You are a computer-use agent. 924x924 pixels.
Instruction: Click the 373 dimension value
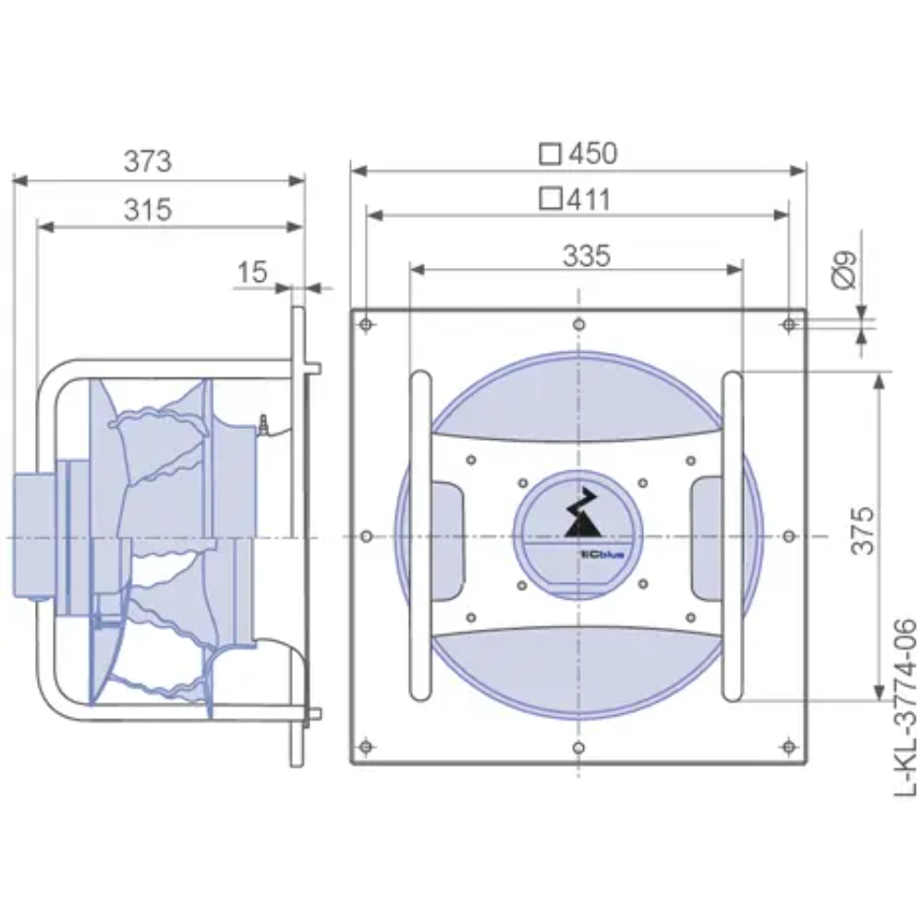(148, 161)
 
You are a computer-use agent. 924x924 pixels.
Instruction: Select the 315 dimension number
(148, 210)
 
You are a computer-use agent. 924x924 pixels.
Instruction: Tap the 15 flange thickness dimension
(251, 272)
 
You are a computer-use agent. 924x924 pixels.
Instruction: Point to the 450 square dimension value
(592, 153)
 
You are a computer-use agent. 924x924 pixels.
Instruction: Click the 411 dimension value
(587, 199)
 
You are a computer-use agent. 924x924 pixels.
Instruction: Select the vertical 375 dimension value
(862, 530)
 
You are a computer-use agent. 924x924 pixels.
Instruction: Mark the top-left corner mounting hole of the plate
(367, 324)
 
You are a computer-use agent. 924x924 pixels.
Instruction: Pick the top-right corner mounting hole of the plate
(788, 324)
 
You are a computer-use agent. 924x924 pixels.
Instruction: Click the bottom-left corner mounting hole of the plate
(367, 747)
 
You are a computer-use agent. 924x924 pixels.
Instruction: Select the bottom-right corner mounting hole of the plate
(788, 747)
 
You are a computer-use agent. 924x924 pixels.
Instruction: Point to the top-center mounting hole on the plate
(578, 324)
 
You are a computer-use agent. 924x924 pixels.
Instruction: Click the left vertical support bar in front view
(419, 536)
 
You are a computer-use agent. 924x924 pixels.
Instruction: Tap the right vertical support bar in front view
(731, 536)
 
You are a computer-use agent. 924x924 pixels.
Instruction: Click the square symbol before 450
(551, 153)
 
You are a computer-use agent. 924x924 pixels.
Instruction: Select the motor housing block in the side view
(35, 536)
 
